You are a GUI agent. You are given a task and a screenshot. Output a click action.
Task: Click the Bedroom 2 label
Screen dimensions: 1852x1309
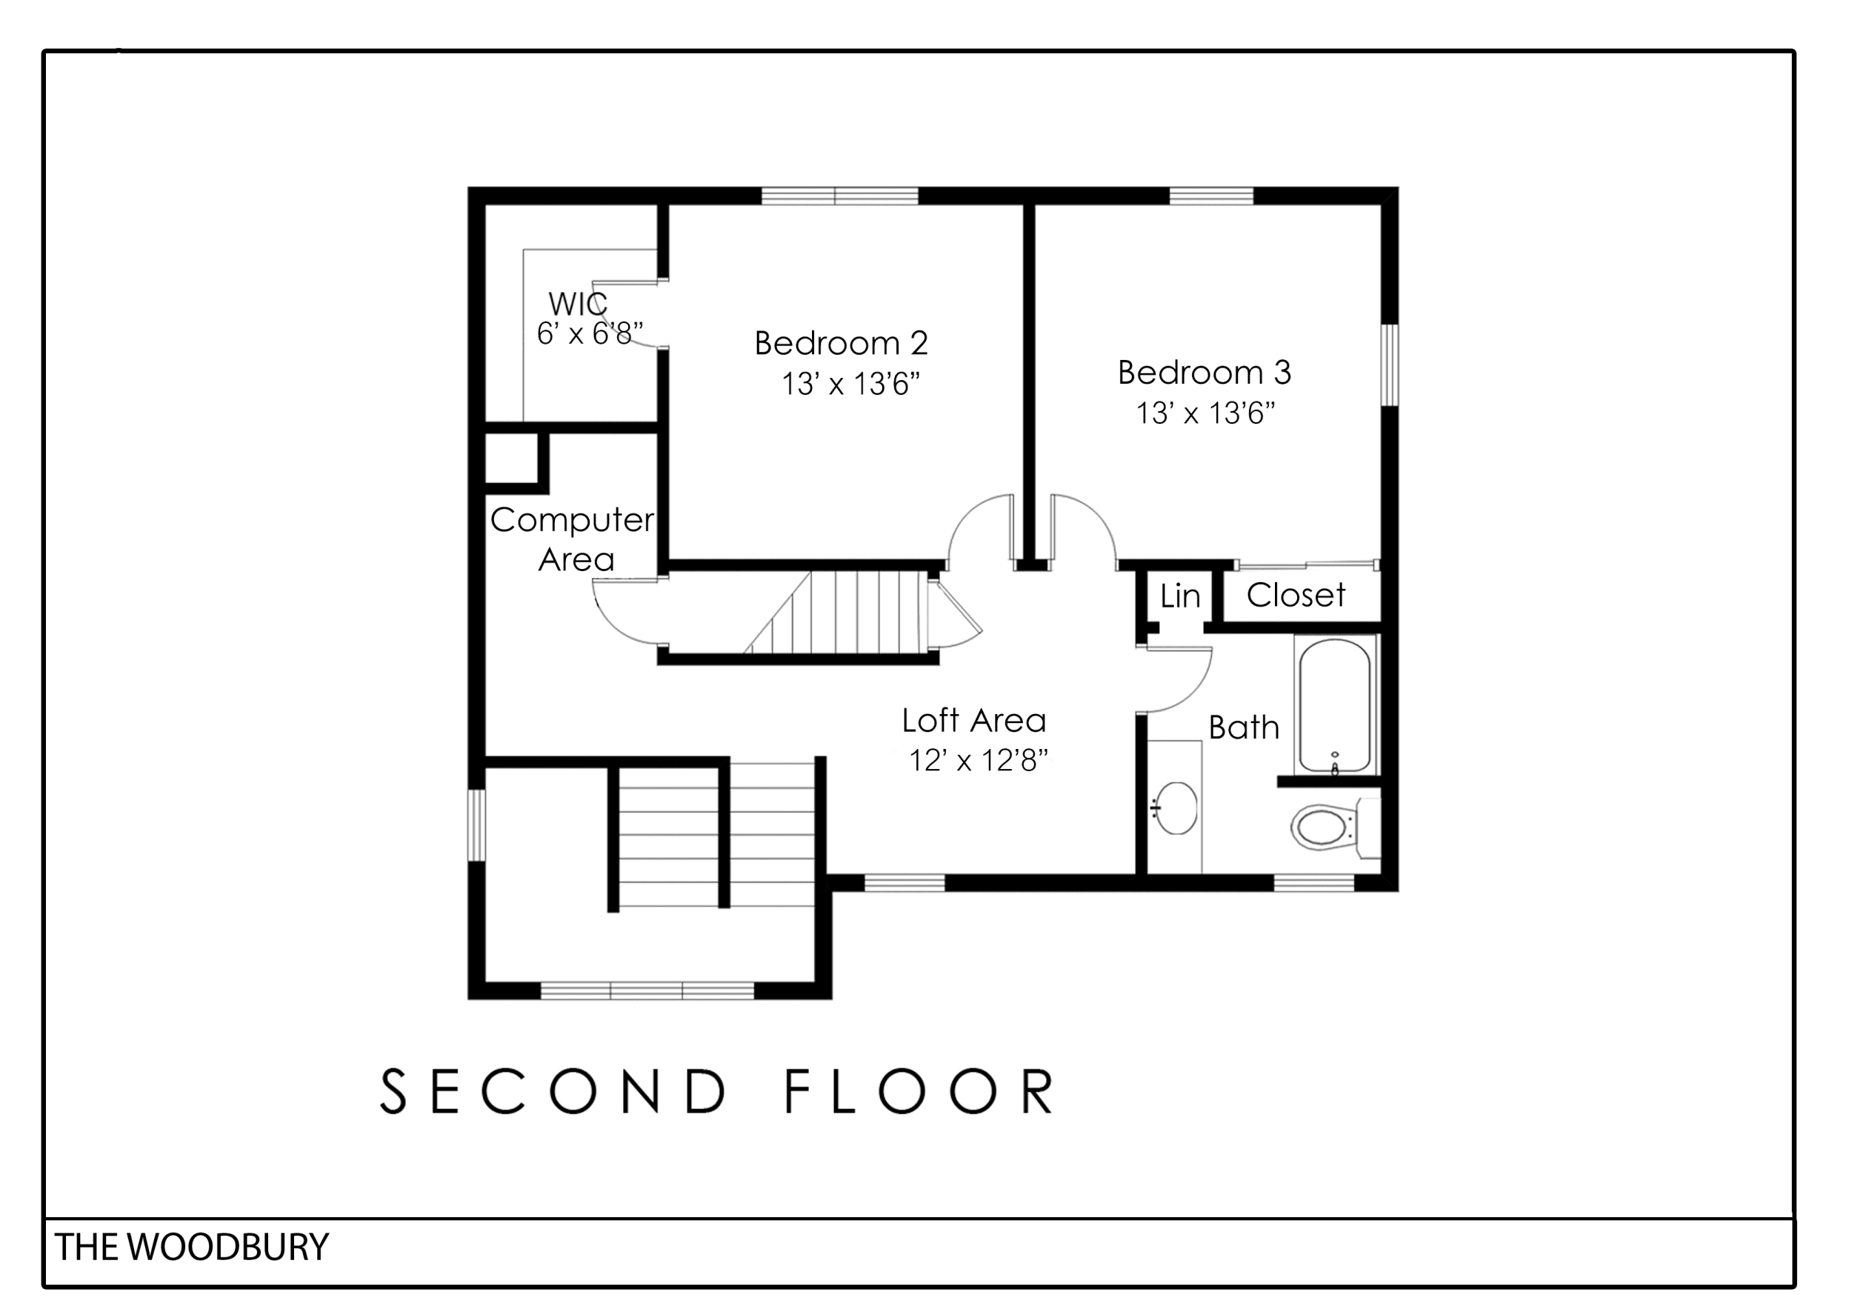(x=842, y=344)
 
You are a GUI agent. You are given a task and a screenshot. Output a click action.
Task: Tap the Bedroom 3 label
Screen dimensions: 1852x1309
(x=1205, y=373)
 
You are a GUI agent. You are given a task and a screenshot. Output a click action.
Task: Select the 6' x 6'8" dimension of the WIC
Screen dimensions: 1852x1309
(x=590, y=333)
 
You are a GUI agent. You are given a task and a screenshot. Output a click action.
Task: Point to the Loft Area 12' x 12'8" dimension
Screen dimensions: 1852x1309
(x=979, y=760)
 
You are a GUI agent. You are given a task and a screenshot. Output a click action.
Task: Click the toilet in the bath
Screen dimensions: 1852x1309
(x=1336, y=826)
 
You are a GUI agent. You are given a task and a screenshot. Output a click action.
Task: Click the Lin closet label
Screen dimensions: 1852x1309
(x=1180, y=597)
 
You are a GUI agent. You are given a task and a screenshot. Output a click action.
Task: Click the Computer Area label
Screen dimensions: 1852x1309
(x=573, y=539)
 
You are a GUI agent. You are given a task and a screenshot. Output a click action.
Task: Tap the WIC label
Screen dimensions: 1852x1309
(x=578, y=304)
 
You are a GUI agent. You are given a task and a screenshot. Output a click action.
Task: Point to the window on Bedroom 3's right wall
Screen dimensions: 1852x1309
(x=1389, y=364)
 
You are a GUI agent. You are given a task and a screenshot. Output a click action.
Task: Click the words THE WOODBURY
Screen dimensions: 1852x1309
(x=192, y=1247)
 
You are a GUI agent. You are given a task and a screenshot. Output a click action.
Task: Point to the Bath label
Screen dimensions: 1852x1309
(x=1243, y=727)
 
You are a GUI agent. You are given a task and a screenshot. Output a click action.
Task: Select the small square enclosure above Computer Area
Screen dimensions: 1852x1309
(x=511, y=457)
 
